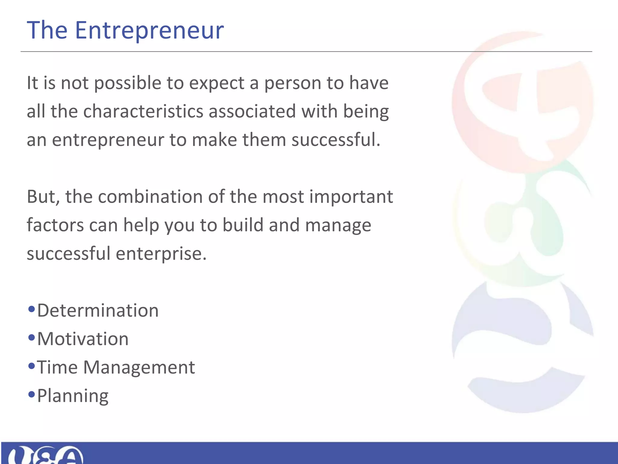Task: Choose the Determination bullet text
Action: click(x=98, y=311)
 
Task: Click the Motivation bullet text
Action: click(x=83, y=339)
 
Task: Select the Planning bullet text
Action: click(x=73, y=396)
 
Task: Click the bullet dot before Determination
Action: click(x=31, y=309)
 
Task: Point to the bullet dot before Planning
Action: click(x=31, y=395)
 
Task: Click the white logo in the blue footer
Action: click(x=45, y=455)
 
